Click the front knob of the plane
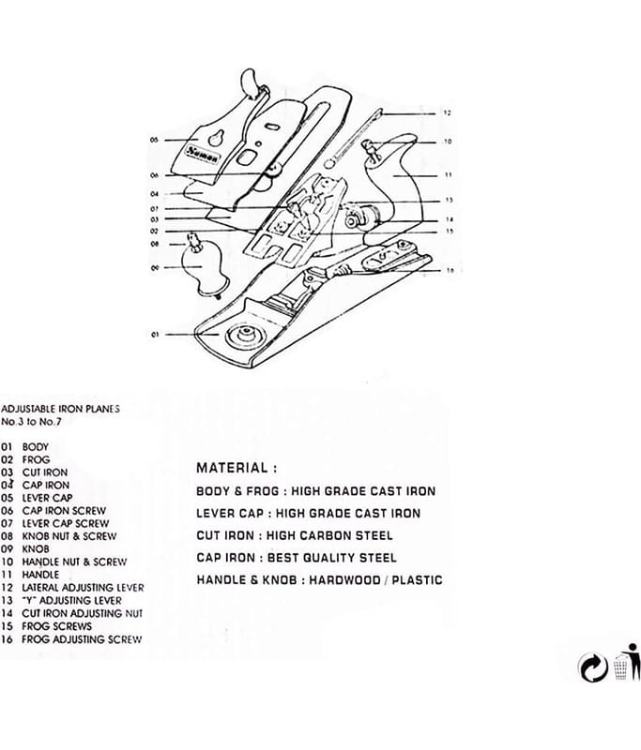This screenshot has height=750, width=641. pos(205,270)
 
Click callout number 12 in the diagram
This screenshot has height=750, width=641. pos(448,112)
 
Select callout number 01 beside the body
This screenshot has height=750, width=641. pos(155,334)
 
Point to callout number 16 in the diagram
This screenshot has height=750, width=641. pos(450,270)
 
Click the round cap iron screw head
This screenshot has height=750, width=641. pos(274,169)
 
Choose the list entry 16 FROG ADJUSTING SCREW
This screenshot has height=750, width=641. pos(71,639)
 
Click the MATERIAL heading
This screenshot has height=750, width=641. pos(237,467)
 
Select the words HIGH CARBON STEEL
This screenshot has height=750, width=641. pos(343,535)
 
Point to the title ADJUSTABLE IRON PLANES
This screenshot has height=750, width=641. pos(60,409)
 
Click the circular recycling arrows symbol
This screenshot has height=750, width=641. pos(593,667)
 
